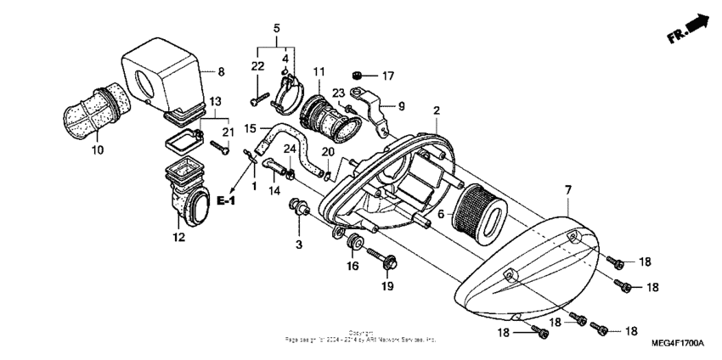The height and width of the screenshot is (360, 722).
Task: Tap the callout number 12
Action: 179,238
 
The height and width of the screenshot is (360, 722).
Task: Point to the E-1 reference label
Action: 225,200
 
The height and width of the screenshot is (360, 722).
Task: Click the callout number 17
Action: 387,76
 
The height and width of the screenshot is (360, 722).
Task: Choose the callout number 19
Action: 387,287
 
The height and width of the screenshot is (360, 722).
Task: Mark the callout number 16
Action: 353,267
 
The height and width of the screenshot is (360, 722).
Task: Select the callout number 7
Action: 567,190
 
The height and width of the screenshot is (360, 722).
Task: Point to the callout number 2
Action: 436,111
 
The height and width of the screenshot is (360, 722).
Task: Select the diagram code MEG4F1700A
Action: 679,344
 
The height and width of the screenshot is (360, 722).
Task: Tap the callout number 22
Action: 257,66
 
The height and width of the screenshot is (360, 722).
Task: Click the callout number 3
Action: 299,245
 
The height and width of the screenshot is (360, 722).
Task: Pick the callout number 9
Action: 401,107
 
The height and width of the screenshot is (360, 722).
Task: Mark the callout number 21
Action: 227,132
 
